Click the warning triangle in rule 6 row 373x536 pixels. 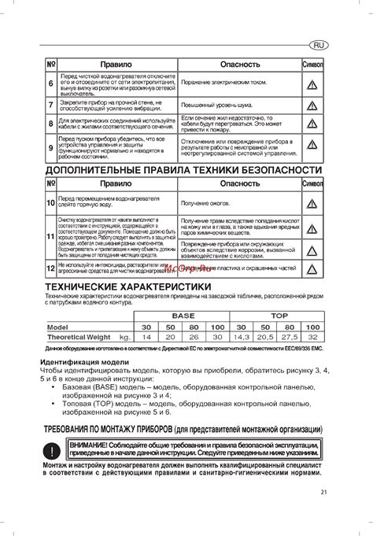coord(312,83)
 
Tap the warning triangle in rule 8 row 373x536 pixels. coord(312,123)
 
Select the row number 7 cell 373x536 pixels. coord(51,104)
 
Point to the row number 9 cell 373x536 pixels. coord(51,147)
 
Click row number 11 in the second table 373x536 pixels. coord(50,236)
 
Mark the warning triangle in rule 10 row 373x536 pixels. coord(312,204)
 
